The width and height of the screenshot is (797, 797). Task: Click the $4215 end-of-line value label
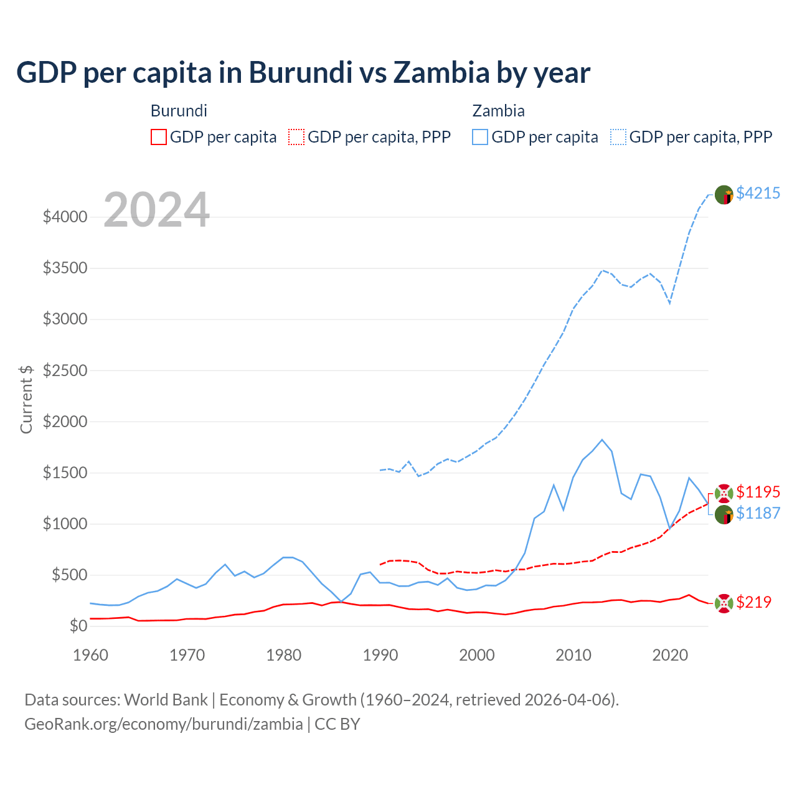(758, 193)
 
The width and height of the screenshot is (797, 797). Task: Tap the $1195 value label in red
(758, 492)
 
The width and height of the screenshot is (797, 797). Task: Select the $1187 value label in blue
(758, 513)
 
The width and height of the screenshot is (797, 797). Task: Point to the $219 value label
(753, 602)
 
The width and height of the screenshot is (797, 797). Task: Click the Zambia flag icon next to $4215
(724, 195)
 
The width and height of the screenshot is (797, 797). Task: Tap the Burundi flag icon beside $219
(724, 603)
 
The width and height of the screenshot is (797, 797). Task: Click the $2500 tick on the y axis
(65, 370)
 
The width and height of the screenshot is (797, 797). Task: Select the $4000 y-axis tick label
(65, 217)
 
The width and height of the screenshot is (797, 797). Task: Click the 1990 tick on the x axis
(380, 655)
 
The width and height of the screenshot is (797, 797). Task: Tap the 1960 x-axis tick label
(91, 655)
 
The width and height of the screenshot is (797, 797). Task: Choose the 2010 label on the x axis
(573, 655)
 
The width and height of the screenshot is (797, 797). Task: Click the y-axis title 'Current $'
(26, 399)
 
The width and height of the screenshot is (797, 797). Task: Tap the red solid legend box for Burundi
(159, 137)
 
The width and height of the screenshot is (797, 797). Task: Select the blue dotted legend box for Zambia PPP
(618, 137)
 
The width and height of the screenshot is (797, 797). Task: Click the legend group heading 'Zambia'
(498, 111)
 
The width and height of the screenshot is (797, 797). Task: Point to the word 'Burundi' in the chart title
(300, 73)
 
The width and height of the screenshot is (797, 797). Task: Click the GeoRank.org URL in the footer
(163, 724)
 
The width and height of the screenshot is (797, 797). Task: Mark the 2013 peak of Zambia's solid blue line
(601, 440)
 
